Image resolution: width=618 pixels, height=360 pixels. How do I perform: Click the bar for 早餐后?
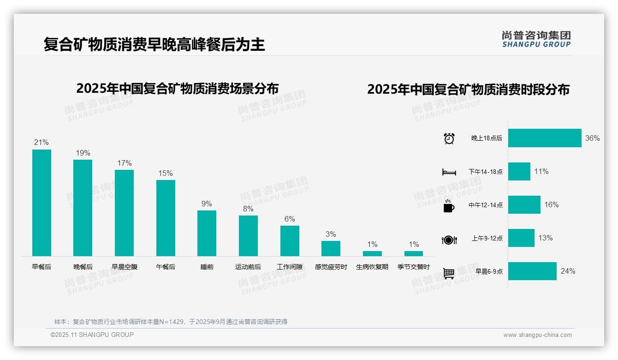click(42, 203)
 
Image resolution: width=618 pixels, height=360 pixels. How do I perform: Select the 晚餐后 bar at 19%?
click(83, 208)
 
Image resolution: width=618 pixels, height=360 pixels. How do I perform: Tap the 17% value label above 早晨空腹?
click(124, 163)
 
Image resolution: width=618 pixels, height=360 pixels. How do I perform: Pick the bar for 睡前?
click(207, 233)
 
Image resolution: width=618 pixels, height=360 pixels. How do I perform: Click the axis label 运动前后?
click(248, 267)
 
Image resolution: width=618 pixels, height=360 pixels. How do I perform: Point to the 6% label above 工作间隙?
click(290, 219)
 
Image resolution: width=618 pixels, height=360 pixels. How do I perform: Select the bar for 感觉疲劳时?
click(331, 248)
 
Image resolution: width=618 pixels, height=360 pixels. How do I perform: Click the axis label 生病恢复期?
click(372, 267)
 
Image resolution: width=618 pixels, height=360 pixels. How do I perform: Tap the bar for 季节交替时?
click(414, 253)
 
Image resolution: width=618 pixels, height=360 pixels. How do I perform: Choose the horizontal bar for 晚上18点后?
click(545, 138)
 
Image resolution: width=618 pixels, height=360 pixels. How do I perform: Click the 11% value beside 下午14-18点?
click(541, 172)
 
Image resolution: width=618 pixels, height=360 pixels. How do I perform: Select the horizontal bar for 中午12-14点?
click(524, 205)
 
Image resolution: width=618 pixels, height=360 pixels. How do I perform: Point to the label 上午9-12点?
click(487, 239)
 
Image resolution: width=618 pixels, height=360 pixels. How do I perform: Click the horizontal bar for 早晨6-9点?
click(532, 271)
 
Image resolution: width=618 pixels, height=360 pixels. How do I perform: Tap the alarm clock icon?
click(449, 138)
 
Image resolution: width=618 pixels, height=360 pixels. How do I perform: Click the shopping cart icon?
click(449, 274)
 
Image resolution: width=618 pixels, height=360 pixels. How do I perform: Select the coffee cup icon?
click(449, 206)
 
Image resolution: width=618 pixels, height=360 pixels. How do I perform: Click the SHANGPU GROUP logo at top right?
click(536, 39)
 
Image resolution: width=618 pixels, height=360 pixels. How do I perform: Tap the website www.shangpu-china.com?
click(537, 335)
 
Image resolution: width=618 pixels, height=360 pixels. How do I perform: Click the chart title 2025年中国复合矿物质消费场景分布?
click(178, 89)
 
